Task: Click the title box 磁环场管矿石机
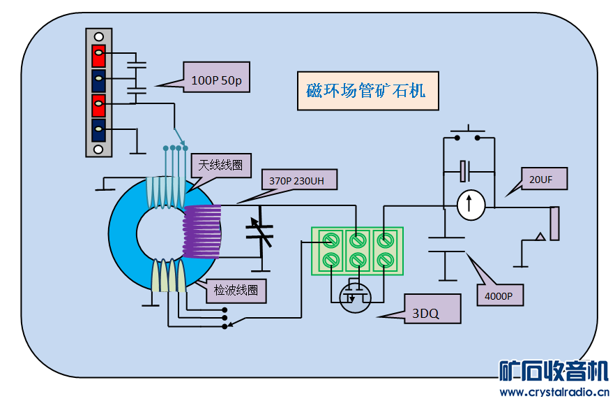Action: pyautogui.click(x=367, y=91)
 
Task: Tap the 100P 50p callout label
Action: pyautogui.click(x=216, y=80)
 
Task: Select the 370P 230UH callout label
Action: pyautogui.click(x=301, y=180)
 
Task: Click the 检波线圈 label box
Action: pyautogui.click(x=236, y=290)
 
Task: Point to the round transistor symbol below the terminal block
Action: pyautogui.click(x=355, y=296)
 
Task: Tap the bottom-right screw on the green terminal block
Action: pyautogui.click(x=384, y=261)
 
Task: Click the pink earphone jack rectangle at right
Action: pyautogui.click(x=554, y=224)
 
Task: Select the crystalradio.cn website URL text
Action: pyautogui.click(x=555, y=391)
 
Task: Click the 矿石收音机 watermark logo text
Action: pyautogui.click(x=554, y=371)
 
